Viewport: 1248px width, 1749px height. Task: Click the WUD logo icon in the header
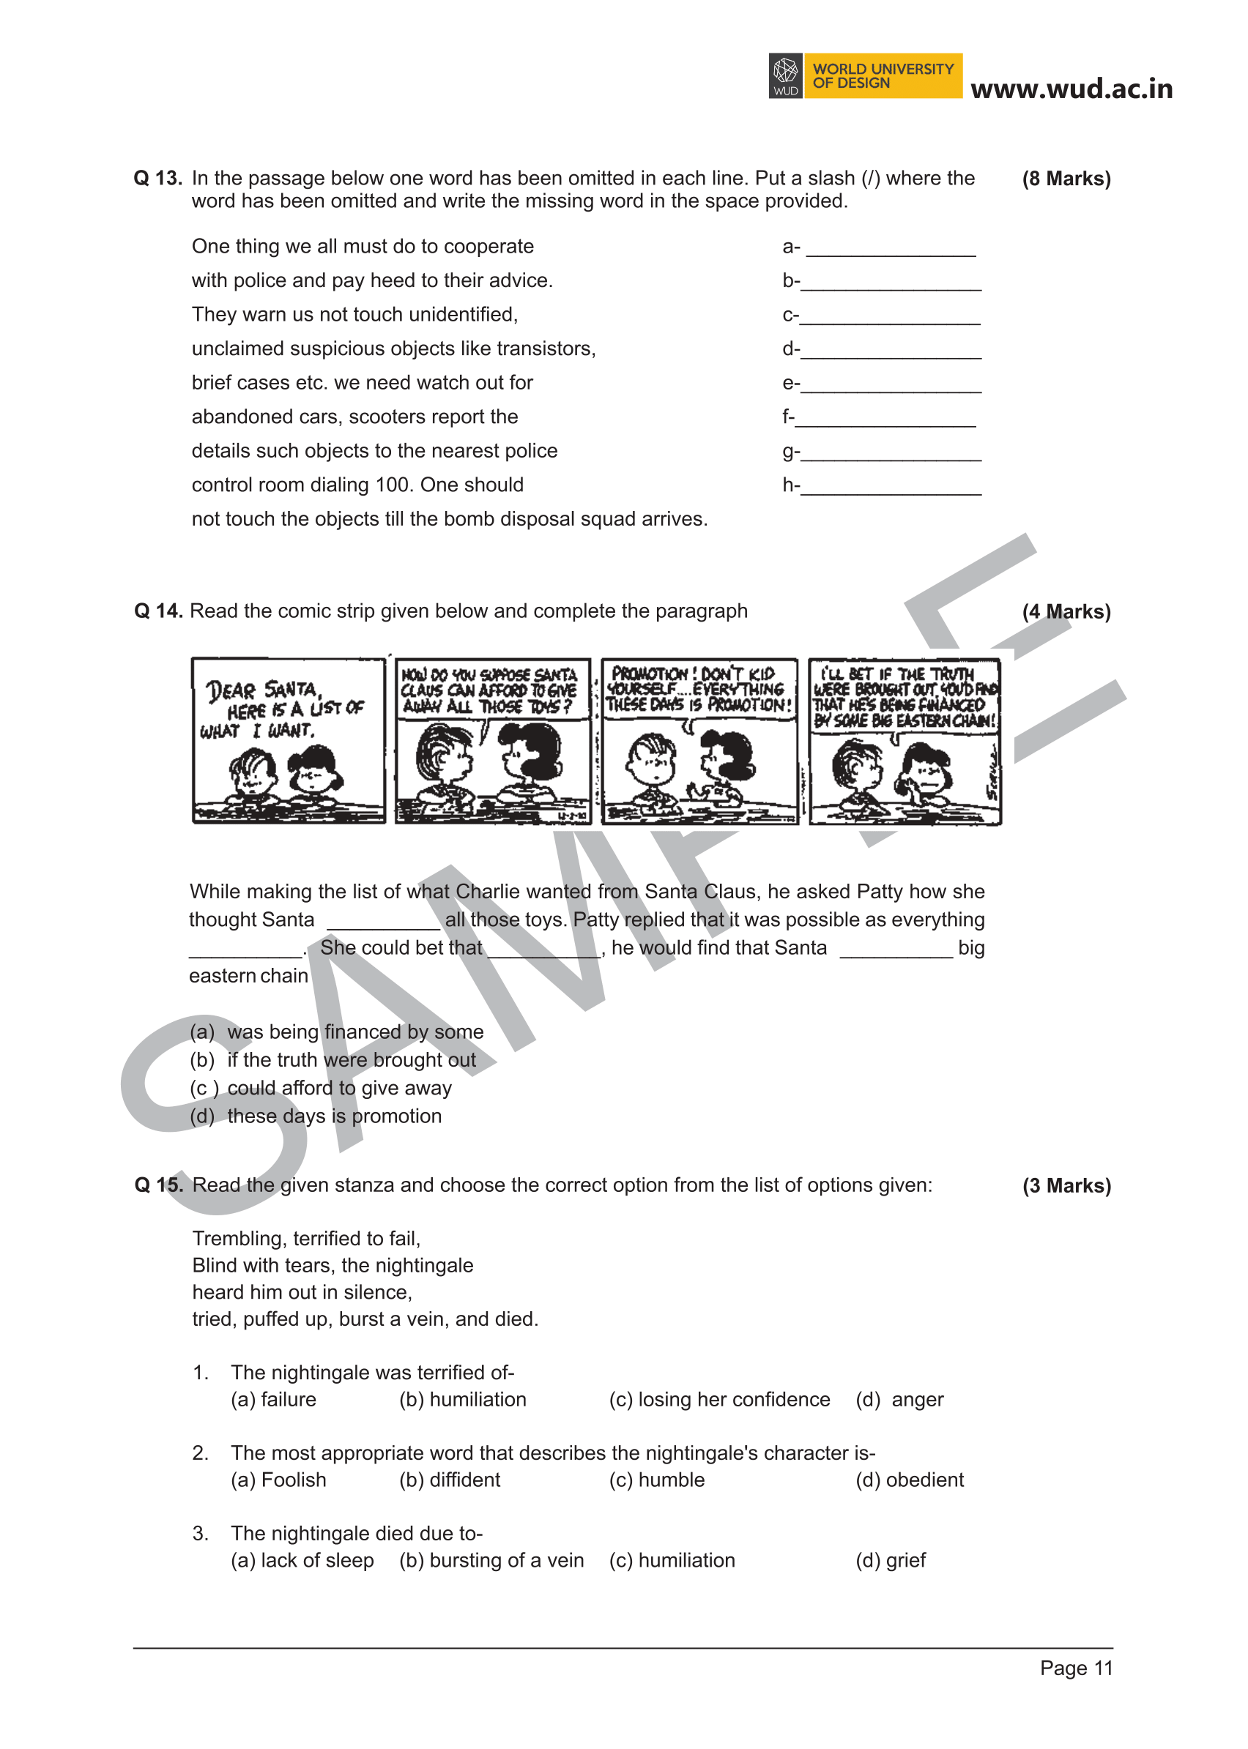785,75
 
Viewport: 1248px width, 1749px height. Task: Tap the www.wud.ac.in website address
1071,89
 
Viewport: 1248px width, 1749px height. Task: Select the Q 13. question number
157,178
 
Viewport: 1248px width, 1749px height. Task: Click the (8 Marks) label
1066,179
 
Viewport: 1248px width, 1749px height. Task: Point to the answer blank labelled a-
891,249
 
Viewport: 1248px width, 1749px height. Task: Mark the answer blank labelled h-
891,488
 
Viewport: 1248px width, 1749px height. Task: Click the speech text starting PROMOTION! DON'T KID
698,689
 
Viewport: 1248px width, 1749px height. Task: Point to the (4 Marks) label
1066,611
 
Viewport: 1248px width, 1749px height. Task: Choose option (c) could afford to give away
322,1088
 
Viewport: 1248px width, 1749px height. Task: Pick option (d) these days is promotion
316,1116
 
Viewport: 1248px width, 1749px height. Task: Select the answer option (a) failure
274,1400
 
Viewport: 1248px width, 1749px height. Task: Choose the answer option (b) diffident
450,1480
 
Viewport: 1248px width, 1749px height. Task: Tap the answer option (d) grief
891,1561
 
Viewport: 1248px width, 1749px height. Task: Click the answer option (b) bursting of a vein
491,1561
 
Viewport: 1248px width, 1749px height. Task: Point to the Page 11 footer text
1076,1668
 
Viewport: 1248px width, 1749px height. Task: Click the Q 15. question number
158,1185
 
